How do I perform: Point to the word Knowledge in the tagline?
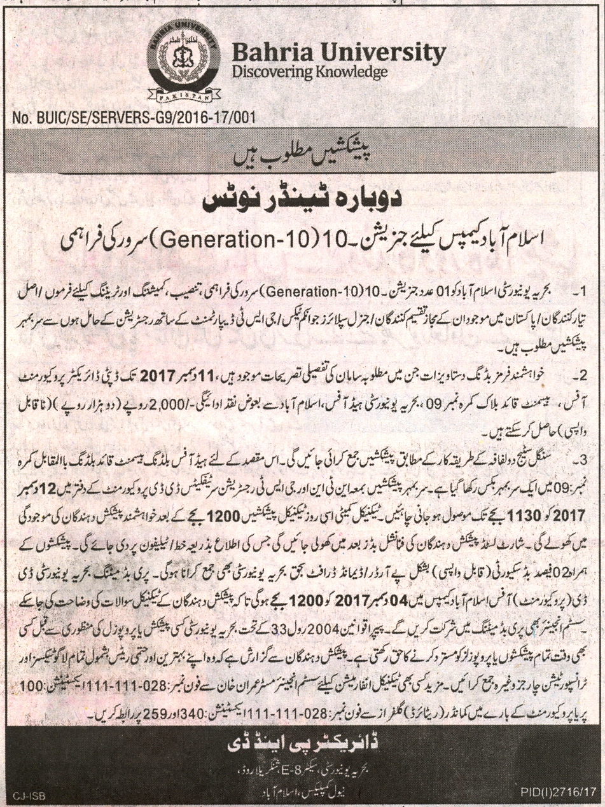click(347, 74)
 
